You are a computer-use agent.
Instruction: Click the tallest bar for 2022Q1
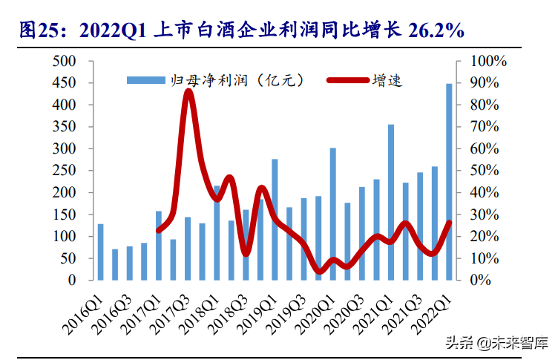449,182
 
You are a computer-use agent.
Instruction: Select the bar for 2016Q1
100,252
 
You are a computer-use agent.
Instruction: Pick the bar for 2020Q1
333,215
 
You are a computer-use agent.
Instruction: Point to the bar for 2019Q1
275,220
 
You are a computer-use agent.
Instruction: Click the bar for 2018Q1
217,233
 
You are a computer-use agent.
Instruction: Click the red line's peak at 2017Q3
188,91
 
